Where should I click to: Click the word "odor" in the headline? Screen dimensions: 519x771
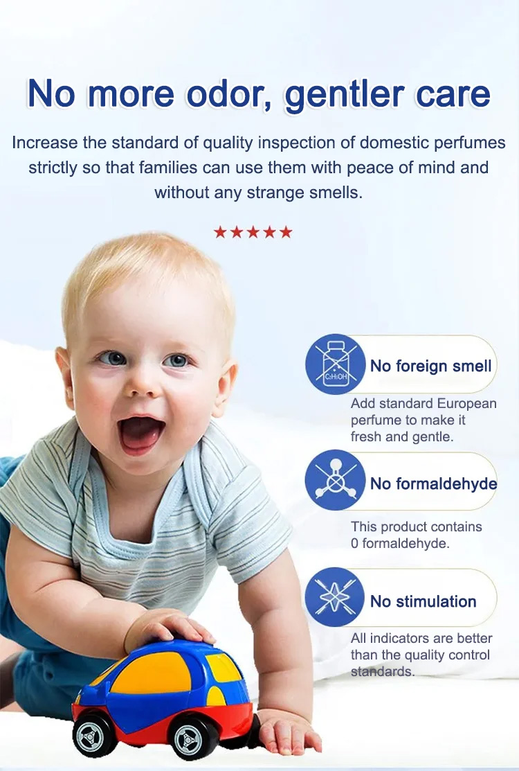point(228,94)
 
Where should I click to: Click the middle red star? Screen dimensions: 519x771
point(253,231)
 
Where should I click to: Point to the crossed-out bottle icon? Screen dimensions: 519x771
point(336,364)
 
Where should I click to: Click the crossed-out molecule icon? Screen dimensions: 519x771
point(336,480)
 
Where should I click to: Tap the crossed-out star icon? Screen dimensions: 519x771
point(335,597)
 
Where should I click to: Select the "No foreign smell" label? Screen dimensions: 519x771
point(430,366)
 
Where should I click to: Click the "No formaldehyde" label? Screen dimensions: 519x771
point(434,484)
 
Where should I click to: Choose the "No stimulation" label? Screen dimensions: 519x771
point(424,601)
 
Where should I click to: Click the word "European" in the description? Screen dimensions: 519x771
point(467,404)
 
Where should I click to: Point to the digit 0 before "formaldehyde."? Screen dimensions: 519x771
point(354,543)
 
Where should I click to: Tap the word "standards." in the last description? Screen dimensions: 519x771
point(383,672)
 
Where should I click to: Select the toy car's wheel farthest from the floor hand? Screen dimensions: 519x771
point(94,735)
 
